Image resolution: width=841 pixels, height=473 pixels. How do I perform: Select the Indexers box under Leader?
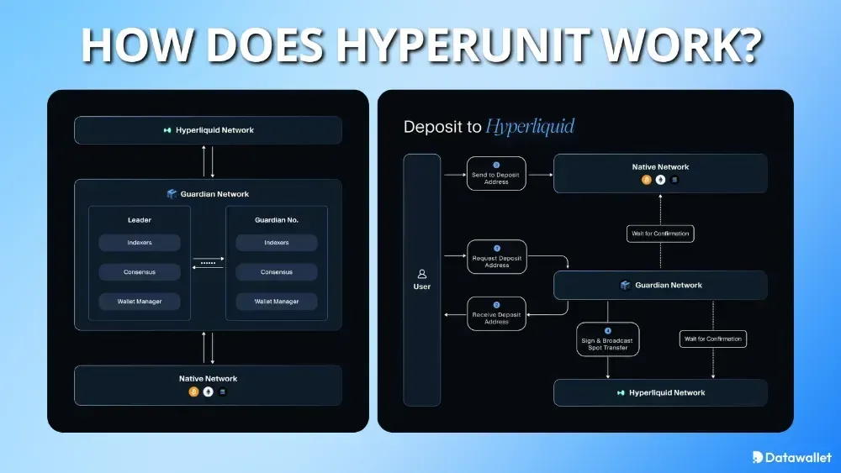coord(140,243)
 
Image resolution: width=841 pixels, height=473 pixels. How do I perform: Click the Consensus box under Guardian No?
coord(277,272)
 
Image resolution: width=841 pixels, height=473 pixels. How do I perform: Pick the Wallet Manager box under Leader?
coord(140,301)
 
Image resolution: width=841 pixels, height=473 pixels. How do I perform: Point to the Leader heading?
coord(140,220)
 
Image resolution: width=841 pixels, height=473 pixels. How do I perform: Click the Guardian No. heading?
coord(277,220)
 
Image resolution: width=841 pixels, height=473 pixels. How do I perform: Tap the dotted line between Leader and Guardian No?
coord(208,263)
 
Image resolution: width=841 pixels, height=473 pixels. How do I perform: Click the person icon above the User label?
coord(422,274)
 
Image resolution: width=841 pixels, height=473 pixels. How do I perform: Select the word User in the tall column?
coord(422,286)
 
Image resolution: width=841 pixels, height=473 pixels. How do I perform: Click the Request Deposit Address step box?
coord(496,257)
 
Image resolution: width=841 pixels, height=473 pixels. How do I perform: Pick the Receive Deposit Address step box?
coord(496,313)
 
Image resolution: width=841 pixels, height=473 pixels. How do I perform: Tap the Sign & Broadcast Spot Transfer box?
coord(607,339)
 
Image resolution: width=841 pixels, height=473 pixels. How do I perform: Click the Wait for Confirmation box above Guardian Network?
coord(660,234)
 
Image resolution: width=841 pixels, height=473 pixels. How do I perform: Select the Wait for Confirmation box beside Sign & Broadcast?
coord(712,339)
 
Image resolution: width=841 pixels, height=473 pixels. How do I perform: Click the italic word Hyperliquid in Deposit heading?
coord(530,128)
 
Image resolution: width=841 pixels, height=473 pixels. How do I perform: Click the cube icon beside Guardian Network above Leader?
coord(172,194)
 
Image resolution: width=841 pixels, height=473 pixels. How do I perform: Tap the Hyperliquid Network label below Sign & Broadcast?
coord(666,392)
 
